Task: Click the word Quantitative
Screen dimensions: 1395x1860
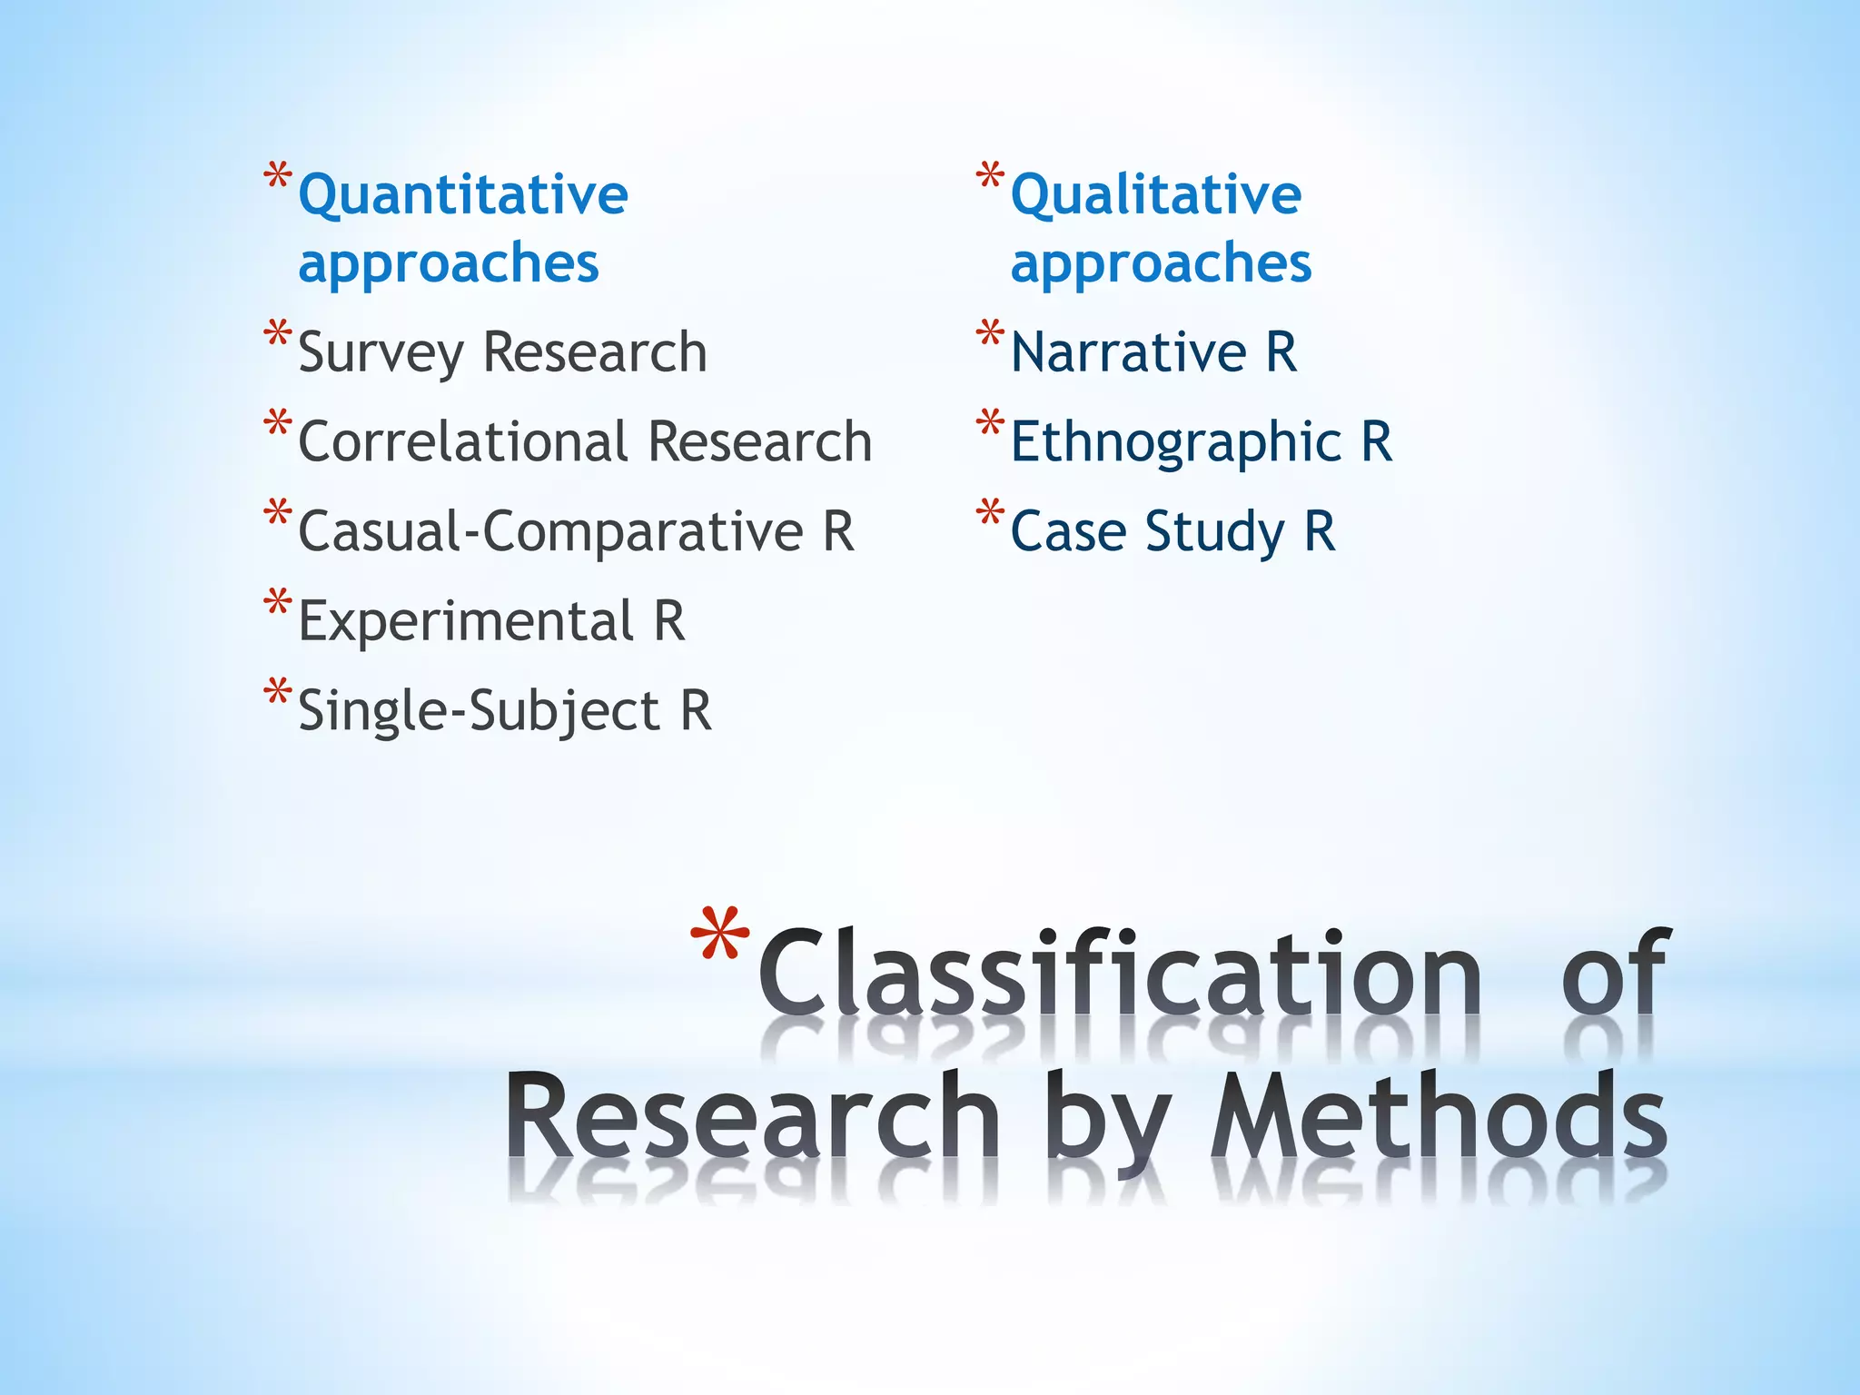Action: [x=463, y=196]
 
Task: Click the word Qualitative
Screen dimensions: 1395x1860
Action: [x=1156, y=196]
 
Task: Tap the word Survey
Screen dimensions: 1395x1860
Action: [x=381, y=354]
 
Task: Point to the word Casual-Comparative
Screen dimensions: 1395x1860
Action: [x=550, y=532]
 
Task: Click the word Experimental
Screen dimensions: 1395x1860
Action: [x=466, y=622]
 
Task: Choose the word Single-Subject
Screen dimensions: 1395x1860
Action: [x=479, y=712]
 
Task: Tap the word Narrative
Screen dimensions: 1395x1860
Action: [x=1129, y=352]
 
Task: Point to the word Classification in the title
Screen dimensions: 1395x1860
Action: [x=1120, y=975]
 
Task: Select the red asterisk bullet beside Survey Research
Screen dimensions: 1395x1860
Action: [x=278, y=335]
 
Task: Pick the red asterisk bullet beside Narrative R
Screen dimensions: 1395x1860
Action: [x=990, y=335]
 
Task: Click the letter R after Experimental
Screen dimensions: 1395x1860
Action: [x=669, y=622]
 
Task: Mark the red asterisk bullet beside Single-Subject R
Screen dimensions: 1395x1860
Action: [x=278, y=693]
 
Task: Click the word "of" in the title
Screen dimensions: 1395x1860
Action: [x=1614, y=975]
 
